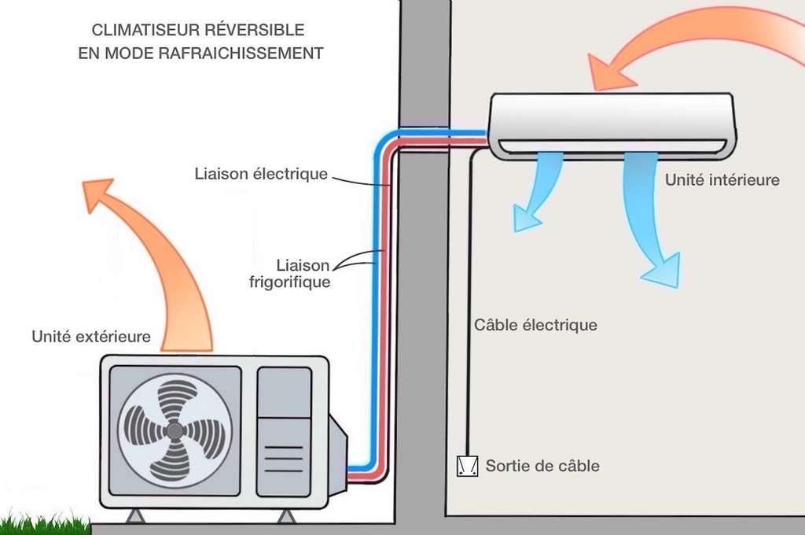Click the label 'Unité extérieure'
coord(90,337)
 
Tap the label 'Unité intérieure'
coord(722,180)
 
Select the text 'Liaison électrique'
coord(261,174)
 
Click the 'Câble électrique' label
coord(535,324)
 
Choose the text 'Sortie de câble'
coord(542,466)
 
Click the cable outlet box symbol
coord(467,467)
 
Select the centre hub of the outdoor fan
coord(175,430)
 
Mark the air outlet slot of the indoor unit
coord(613,146)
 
